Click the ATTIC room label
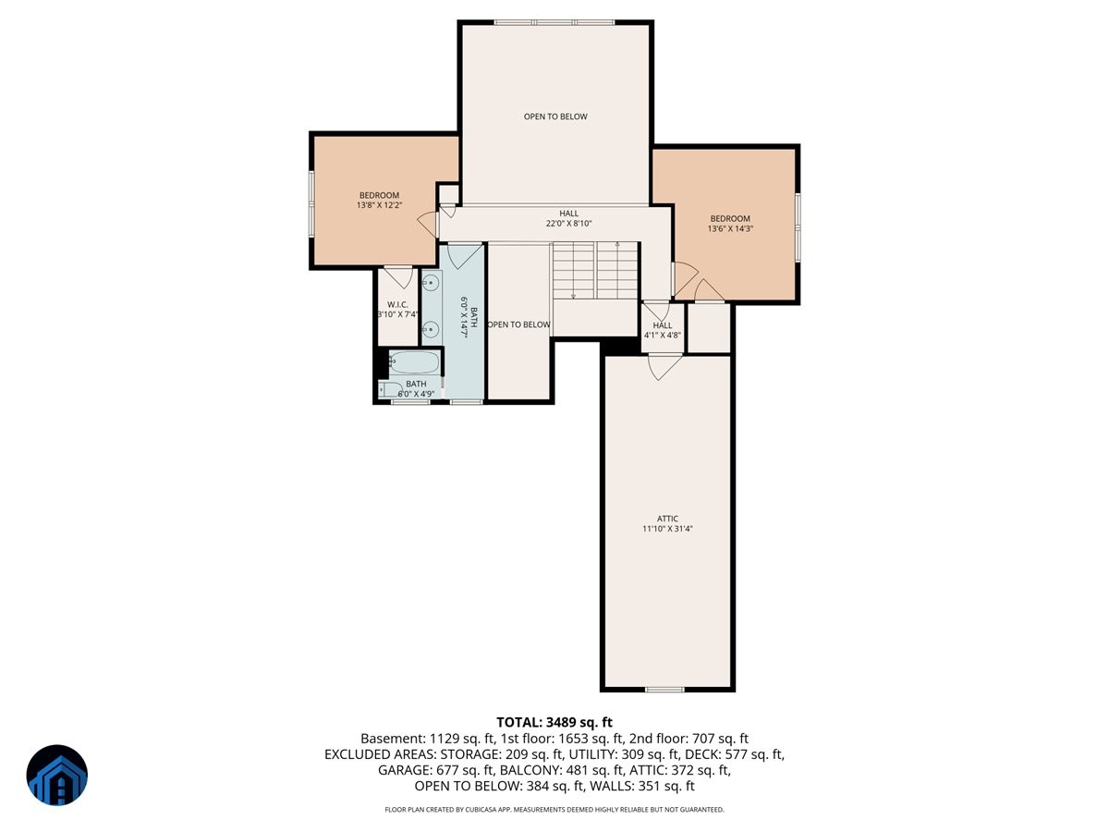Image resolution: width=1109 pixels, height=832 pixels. pyautogui.click(x=667, y=519)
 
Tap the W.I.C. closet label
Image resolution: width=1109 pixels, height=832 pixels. pyautogui.click(x=397, y=305)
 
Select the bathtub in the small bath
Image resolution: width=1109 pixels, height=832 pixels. pyautogui.click(x=414, y=362)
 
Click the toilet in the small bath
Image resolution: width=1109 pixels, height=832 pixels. pyautogui.click(x=390, y=389)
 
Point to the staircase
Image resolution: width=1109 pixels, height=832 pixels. pyautogui.click(x=594, y=270)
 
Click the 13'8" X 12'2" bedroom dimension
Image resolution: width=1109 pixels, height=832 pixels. pyautogui.click(x=380, y=205)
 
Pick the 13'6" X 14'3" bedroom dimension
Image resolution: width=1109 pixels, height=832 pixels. pyautogui.click(x=730, y=228)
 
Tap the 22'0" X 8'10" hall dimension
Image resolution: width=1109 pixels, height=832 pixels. pyautogui.click(x=569, y=224)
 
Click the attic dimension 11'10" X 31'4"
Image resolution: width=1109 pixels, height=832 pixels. pyautogui.click(x=667, y=529)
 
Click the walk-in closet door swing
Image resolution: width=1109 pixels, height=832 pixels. pyautogui.click(x=398, y=278)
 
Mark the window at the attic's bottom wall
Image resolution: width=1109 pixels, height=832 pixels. pyautogui.click(x=664, y=689)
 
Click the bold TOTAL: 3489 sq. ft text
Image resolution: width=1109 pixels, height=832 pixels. pyautogui.click(x=554, y=722)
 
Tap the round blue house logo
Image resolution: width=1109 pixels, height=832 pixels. pyautogui.click(x=57, y=775)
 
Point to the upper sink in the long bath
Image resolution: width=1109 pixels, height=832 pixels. pyautogui.click(x=431, y=284)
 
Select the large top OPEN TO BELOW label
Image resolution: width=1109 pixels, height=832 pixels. pyautogui.click(x=555, y=116)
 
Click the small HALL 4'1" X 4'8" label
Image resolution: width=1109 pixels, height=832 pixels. pyautogui.click(x=663, y=330)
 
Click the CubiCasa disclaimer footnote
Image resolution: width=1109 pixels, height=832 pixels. pyautogui.click(x=554, y=810)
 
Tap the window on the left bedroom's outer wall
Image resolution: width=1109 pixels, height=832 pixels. pyautogui.click(x=311, y=203)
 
